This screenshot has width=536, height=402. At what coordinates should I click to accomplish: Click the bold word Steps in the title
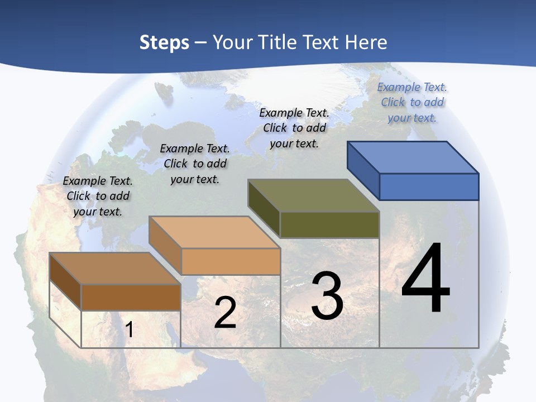pyautogui.click(x=164, y=42)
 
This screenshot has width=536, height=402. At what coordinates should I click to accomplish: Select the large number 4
pyautogui.click(x=425, y=279)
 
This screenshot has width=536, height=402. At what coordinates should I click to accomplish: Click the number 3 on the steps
pyautogui.click(x=327, y=296)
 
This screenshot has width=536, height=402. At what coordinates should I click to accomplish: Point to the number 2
pyautogui.click(x=225, y=313)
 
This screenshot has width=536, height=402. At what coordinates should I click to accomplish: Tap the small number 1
pyautogui.click(x=129, y=330)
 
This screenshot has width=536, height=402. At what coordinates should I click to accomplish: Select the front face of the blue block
pyautogui.click(x=429, y=186)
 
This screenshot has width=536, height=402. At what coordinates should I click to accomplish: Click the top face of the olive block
pyautogui.click(x=313, y=195)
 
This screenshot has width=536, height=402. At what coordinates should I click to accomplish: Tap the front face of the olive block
pyautogui.click(x=329, y=224)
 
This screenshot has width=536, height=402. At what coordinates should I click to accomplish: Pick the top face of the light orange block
pyautogui.click(x=214, y=232)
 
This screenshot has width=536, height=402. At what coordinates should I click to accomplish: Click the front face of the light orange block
pyautogui.click(x=231, y=261)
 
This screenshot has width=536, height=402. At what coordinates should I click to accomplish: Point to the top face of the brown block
pyautogui.click(x=115, y=269)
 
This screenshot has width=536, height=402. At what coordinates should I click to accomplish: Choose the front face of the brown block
pyautogui.click(x=131, y=297)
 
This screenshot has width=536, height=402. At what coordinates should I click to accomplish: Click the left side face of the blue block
pyautogui.click(x=363, y=171)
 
